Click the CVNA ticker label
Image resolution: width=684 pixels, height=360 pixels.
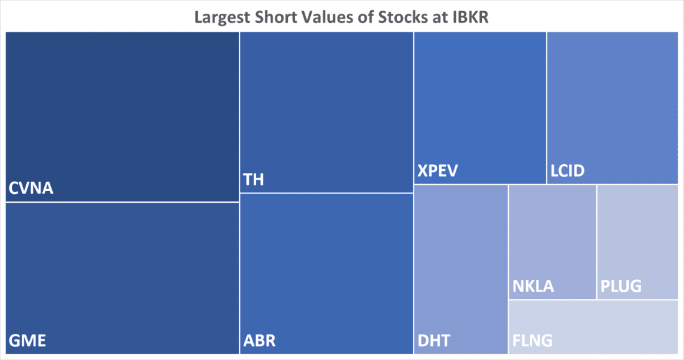click(31, 188)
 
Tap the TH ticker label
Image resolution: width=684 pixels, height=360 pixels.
click(253, 180)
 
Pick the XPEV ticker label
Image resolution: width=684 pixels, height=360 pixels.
click(438, 170)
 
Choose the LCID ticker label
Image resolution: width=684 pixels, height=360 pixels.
click(568, 170)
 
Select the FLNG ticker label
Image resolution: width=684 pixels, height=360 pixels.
click(533, 341)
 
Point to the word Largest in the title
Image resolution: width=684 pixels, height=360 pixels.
click(224, 16)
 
